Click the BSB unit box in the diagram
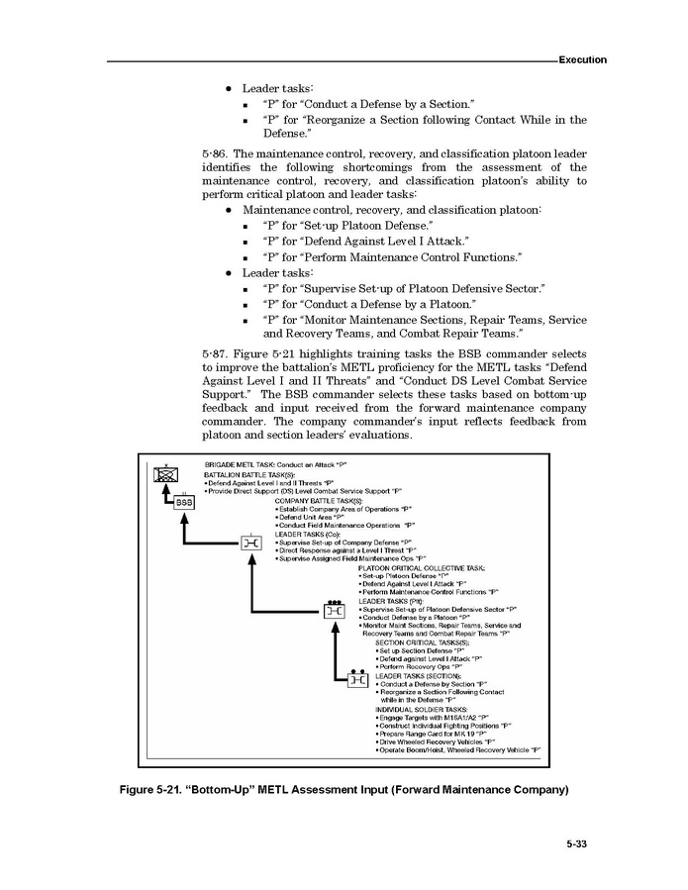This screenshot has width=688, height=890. [x=184, y=502]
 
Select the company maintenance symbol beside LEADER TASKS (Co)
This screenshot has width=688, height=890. [x=252, y=542]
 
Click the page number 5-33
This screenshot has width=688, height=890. [x=577, y=844]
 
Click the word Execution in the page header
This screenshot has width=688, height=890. [x=582, y=60]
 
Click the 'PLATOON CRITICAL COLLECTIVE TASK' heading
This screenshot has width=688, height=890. [x=421, y=568]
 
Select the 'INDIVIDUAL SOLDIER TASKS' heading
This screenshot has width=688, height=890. [x=421, y=710]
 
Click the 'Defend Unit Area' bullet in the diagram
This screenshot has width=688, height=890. [x=311, y=517]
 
